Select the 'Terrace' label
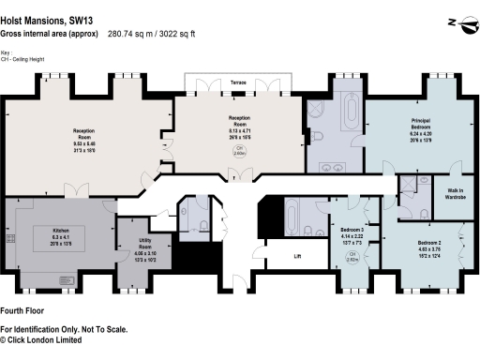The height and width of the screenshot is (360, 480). tap(239, 82)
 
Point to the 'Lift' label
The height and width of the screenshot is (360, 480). tap(297, 255)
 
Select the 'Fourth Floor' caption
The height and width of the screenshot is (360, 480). tap(24, 310)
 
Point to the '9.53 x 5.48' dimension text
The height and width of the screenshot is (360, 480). tap(87, 143)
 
